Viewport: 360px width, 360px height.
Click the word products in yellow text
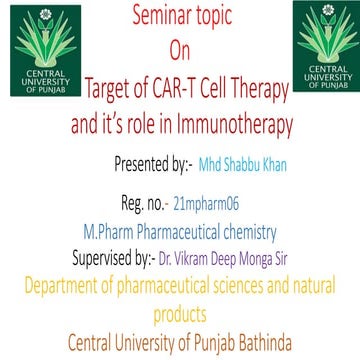(x=181, y=309)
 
